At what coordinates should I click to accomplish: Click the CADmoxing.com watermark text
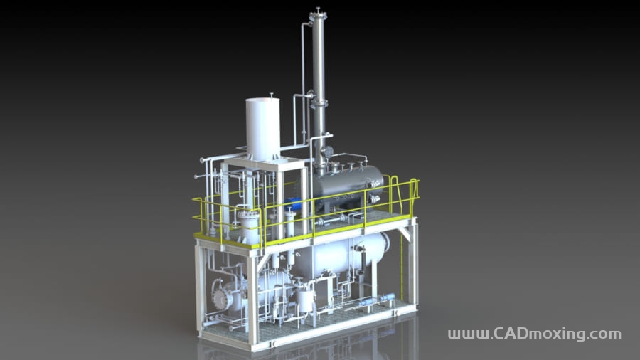click(x=534, y=334)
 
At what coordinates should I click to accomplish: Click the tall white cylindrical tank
click(x=263, y=129)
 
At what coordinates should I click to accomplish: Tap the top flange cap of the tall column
click(x=318, y=16)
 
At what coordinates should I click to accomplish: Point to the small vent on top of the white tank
click(x=271, y=95)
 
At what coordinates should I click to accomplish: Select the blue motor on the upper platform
click(x=294, y=202)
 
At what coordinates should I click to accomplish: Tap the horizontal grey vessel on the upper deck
click(x=348, y=186)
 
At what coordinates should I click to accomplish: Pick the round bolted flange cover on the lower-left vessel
click(x=220, y=293)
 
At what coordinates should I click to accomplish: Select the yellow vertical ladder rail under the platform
click(x=402, y=266)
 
